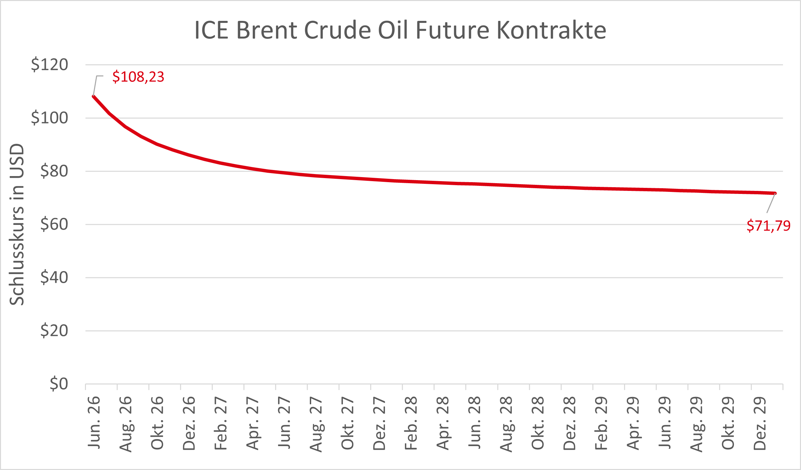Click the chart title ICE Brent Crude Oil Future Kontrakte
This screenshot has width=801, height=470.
click(400, 30)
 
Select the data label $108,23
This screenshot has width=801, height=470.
click(138, 77)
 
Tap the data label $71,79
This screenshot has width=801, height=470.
click(769, 226)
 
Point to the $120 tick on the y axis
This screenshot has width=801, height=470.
click(50, 64)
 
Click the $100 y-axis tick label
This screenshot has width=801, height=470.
click(50, 118)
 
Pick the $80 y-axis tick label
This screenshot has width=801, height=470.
click(54, 171)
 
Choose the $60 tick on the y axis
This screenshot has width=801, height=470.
click(54, 224)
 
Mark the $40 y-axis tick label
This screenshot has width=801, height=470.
click(54, 277)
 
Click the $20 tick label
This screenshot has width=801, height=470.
click(54, 331)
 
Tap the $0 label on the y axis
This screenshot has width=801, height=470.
click(59, 384)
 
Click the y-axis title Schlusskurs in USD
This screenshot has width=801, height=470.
click(17, 225)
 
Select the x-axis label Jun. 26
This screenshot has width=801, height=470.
click(94, 423)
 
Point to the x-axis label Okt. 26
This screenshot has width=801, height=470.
click(157, 423)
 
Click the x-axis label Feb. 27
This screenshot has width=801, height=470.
click(221, 423)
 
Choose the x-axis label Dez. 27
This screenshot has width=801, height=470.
click(379, 423)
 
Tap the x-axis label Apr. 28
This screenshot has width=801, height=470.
click(443, 423)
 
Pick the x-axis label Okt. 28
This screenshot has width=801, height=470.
click(538, 423)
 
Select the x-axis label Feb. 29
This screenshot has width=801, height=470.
click(601, 423)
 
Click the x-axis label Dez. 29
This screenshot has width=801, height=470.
click(760, 423)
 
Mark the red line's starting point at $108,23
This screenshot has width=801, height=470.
click(93, 96)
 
